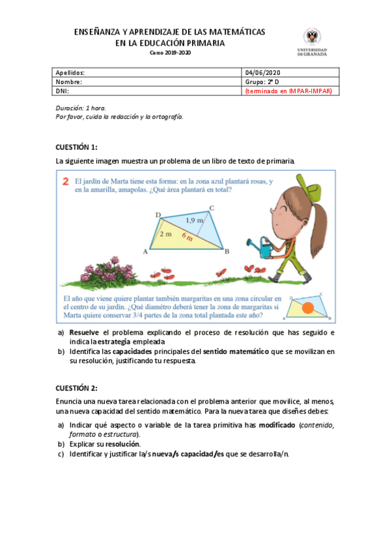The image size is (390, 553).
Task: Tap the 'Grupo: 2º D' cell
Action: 262,82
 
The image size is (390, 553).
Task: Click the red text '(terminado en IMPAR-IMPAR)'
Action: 287,92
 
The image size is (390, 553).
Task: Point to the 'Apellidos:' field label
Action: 71,72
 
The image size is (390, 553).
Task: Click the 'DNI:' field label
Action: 63,92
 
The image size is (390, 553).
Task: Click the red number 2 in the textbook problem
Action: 66,183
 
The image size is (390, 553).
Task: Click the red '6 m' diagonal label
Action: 188,237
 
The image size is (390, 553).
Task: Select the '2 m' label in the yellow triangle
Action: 165,233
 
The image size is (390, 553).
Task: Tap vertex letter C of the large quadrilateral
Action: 212,209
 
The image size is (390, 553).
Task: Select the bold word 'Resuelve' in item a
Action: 84,333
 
